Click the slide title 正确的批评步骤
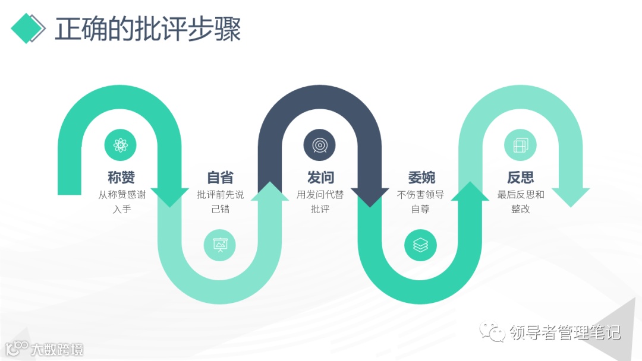[x=148, y=29]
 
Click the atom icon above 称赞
[x=121, y=145]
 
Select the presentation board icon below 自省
[x=220, y=245]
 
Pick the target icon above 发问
[x=320, y=145]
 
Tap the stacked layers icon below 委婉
[x=420, y=245]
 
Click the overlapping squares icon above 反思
[x=520, y=145]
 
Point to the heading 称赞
[x=121, y=177]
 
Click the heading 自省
[x=220, y=177]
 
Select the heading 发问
[x=320, y=177]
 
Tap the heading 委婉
[x=420, y=177]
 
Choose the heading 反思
[x=520, y=177]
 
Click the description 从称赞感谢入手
[x=121, y=201]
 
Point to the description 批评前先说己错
[x=220, y=201]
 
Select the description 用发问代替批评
[x=320, y=201]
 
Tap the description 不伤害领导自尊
[x=420, y=201]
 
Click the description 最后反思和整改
[x=520, y=201]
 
